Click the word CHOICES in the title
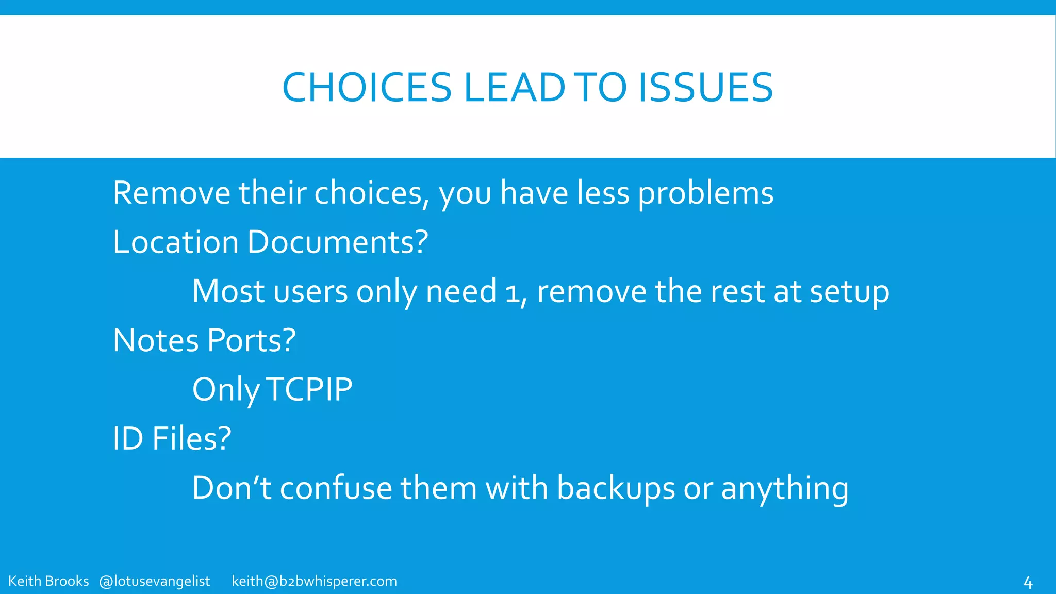[367, 87]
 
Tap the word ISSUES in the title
[705, 87]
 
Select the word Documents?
[338, 242]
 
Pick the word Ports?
[252, 340]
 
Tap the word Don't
[232, 488]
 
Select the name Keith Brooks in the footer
[49, 581]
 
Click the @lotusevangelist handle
[155, 581]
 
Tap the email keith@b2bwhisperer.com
[315, 581]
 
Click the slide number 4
[1028, 583]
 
